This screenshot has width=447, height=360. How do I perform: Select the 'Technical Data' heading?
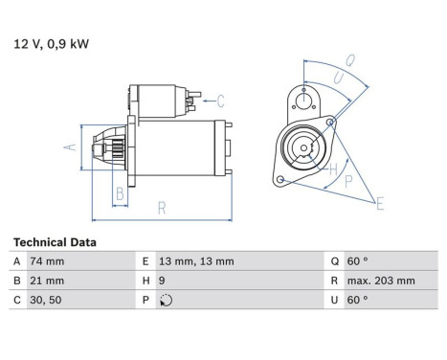tap(55, 243)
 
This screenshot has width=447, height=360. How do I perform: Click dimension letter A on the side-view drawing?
tap(69, 146)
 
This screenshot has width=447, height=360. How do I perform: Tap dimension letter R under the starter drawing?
tap(162, 206)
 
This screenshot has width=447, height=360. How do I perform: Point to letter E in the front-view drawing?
tap(380, 203)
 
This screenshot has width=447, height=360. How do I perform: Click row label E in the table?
tap(146, 261)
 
